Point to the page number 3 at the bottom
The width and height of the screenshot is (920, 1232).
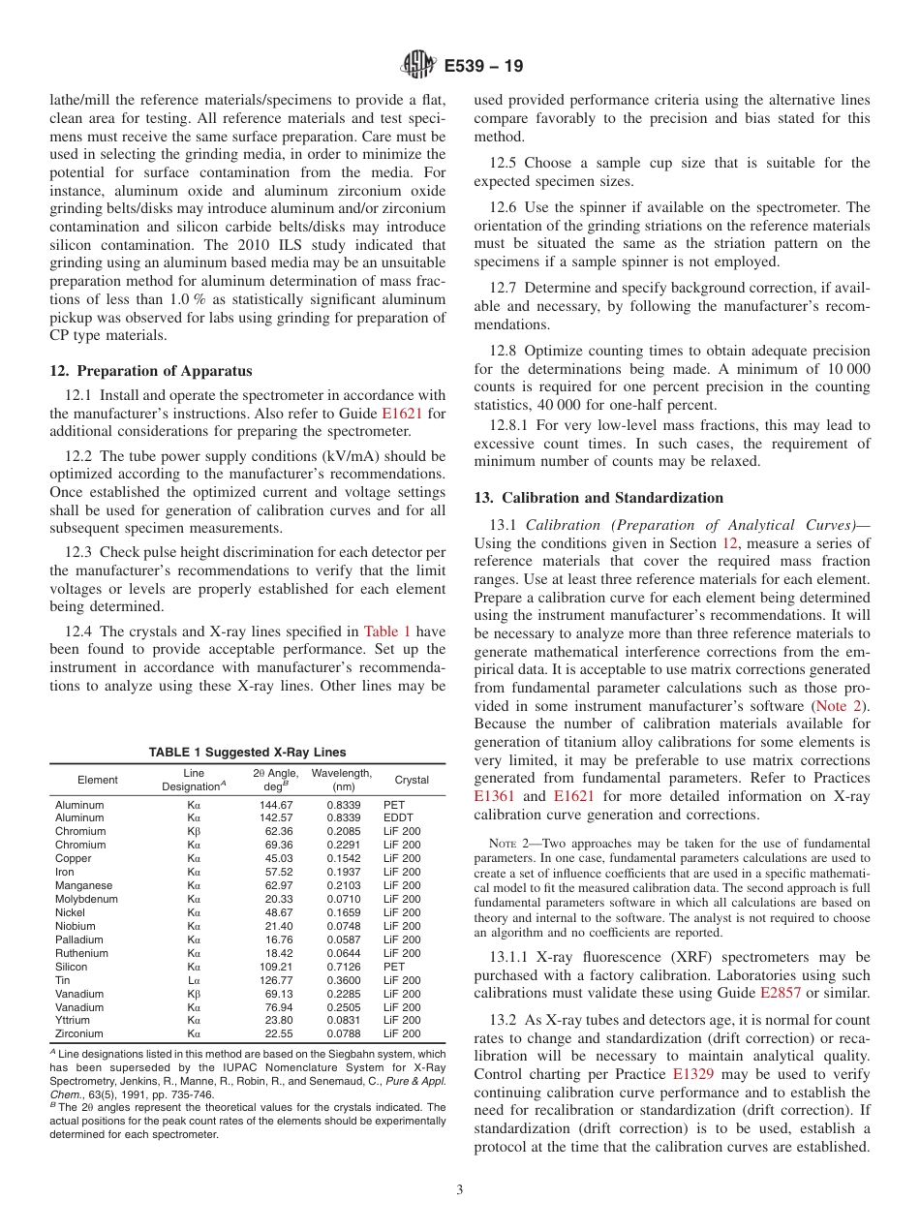pos(459,1189)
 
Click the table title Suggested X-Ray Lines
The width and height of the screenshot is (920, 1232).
pos(247,753)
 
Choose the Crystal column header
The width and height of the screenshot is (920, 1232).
pos(412,780)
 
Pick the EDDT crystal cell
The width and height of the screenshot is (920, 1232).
pos(398,818)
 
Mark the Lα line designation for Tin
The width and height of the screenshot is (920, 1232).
pos(194,980)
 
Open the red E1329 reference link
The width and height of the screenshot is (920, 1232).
pos(690,1074)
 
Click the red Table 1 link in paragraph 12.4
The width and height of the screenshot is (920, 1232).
pos(386,632)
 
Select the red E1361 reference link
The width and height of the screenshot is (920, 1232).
pos(494,795)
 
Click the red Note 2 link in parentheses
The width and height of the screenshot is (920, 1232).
pos(840,705)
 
